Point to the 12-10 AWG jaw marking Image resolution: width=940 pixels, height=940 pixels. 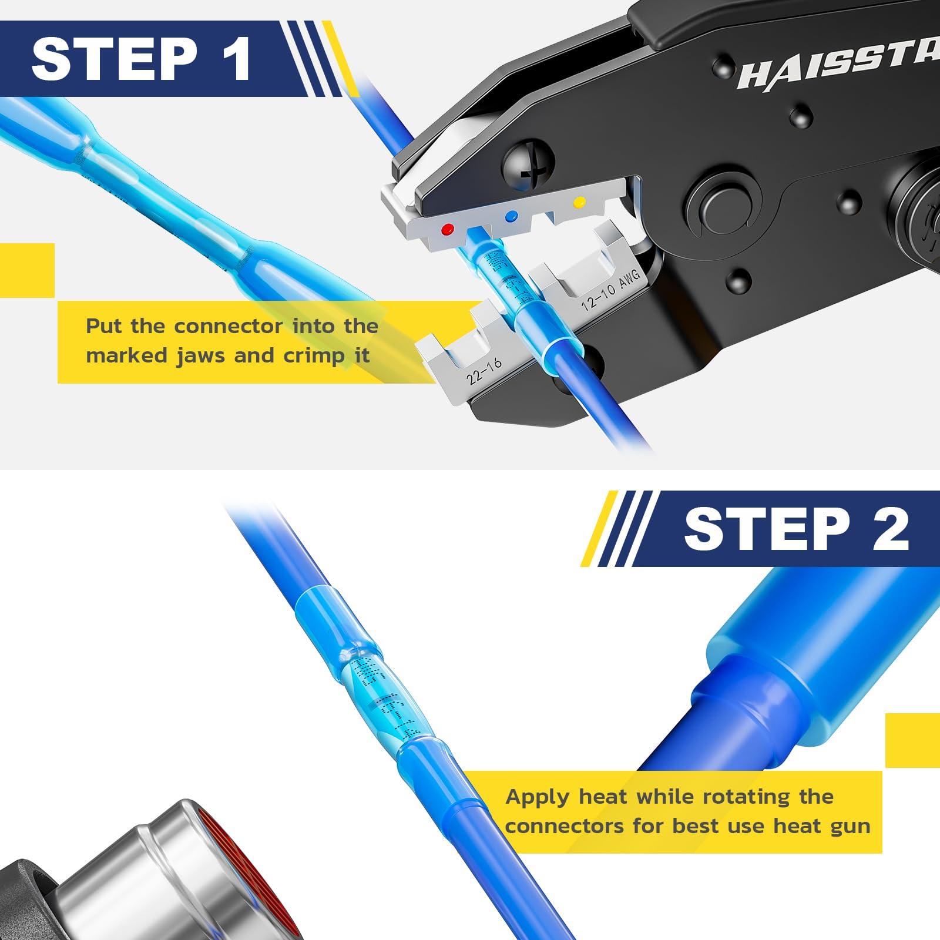pos(610,292)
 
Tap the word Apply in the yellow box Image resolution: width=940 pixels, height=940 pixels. pos(538,797)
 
